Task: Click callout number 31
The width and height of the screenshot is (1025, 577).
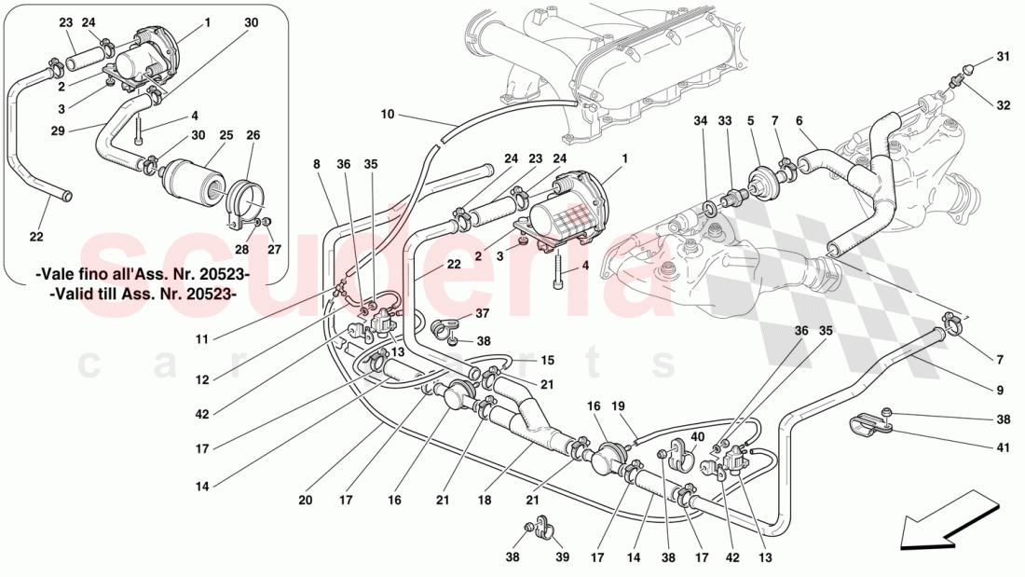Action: [1003, 57]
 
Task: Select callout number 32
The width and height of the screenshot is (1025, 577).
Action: [1003, 105]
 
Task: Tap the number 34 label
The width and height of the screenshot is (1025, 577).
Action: [701, 121]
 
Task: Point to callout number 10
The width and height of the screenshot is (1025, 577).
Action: [388, 115]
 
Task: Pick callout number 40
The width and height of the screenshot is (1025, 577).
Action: [696, 436]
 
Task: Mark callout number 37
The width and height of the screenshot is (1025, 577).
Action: [482, 312]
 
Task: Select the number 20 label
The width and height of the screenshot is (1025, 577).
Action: [306, 500]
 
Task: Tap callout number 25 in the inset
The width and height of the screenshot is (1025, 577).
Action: [225, 135]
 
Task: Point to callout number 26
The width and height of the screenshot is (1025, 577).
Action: [253, 135]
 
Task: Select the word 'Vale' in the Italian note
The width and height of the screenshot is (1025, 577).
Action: [59, 276]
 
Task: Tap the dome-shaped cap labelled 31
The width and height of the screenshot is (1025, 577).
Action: [969, 68]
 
